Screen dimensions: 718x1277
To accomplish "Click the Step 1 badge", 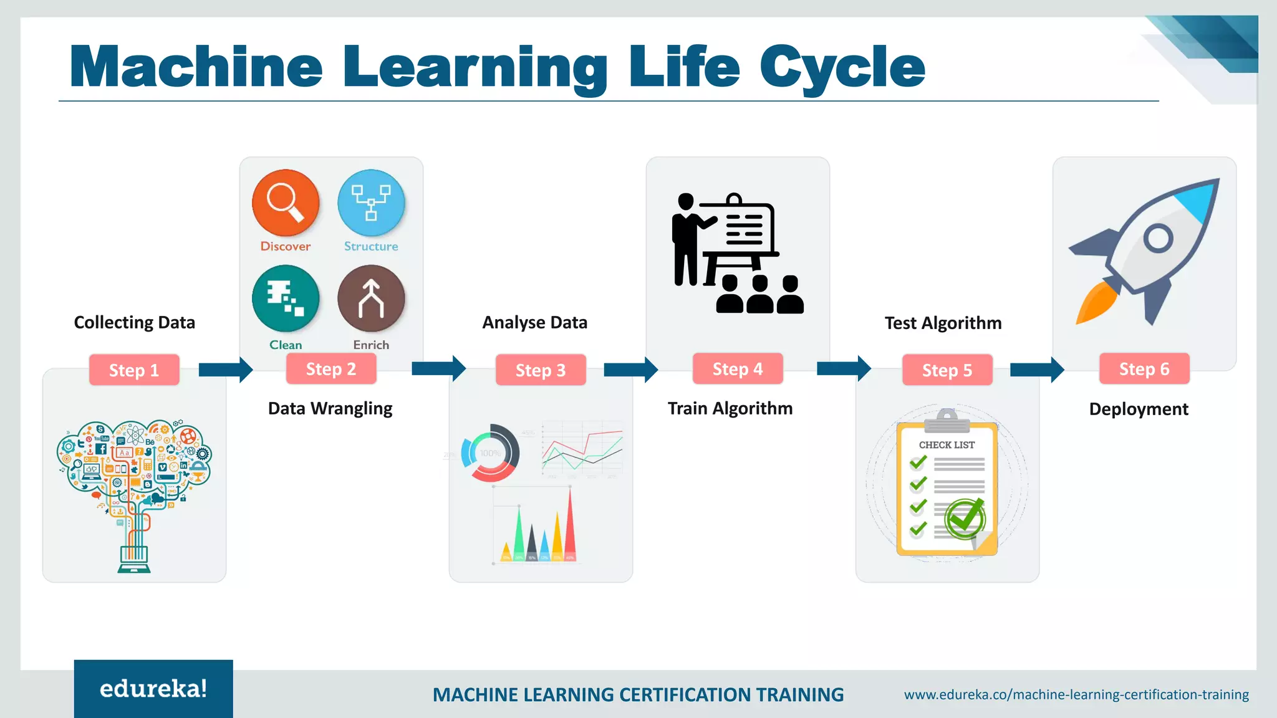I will click(134, 370).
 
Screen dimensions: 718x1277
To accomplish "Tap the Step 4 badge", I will click(738, 369).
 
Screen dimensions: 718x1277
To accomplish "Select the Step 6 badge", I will click(1144, 369).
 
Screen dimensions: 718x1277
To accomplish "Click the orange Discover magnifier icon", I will click(286, 203).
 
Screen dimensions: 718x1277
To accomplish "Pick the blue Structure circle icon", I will click(371, 203).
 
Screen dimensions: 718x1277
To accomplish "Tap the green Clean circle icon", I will click(286, 299).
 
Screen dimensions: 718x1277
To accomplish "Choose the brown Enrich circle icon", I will click(371, 299).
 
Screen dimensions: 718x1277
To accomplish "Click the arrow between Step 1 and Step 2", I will click(225, 370).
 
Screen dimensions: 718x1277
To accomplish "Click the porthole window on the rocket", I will click(1159, 238).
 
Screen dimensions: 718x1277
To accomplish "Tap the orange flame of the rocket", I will click(1098, 304).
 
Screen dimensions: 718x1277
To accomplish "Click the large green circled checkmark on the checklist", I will click(965, 519).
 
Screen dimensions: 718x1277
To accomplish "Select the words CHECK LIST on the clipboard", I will click(947, 445).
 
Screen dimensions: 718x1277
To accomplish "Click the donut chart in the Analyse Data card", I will click(490, 453).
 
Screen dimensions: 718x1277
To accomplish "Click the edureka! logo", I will click(153, 689).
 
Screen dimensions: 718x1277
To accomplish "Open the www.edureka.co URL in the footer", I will click(1076, 694).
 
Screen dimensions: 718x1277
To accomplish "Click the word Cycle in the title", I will click(842, 67).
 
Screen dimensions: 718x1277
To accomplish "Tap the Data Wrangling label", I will click(330, 408).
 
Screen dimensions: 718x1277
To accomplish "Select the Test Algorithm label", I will click(943, 323).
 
